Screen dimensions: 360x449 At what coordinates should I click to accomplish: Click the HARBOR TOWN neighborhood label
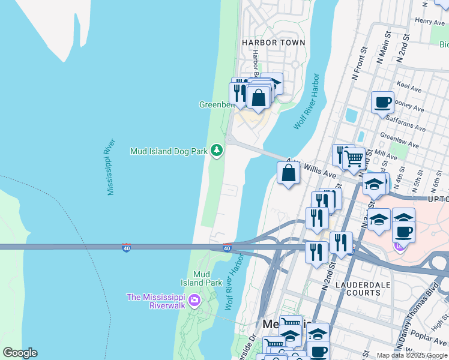[x=273, y=43]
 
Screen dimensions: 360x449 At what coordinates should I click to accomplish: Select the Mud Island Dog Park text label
[x=168, y=152]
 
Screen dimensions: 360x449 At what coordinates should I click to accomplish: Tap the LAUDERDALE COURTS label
[x=358, y=288]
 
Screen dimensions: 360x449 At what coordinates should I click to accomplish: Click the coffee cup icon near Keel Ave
[x=382, y=103]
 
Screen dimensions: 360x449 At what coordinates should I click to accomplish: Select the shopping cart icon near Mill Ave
[x=354, y=159]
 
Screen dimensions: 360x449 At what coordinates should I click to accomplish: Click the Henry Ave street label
[x=430, y=22]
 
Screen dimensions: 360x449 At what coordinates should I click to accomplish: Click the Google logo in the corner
[x=20, y=353]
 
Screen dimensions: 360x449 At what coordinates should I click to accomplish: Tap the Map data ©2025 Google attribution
[x=412, y=355]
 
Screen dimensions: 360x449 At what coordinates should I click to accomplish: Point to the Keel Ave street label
[x=409, y=88]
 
